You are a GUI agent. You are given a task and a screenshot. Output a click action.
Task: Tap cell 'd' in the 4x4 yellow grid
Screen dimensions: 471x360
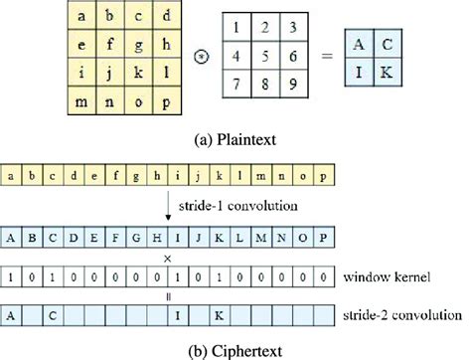[x=168, y=15]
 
